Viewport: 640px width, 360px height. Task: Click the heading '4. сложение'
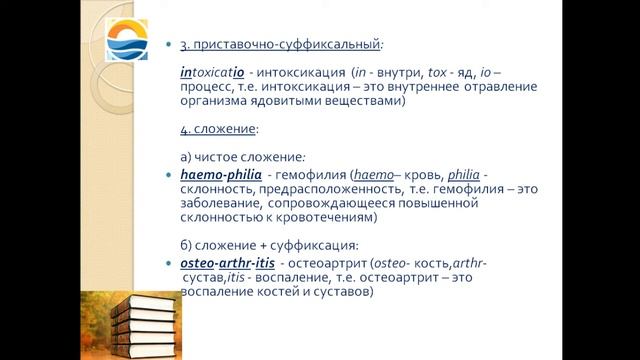pyautogui.click(x=218, y=129)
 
